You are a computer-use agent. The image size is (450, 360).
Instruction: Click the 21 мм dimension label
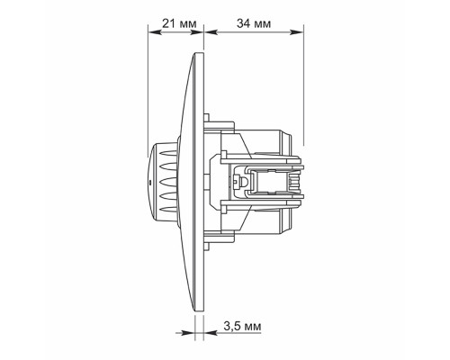click(x=179, y=23)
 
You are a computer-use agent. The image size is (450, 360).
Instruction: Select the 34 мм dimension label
click(x=254, y=23)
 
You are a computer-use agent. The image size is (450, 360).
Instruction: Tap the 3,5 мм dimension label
click(x=242, y=326)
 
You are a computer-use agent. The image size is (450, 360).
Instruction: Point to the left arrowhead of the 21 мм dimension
click(x=153, y=32)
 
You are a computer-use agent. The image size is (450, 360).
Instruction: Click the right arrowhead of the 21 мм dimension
click(x=198, y=32)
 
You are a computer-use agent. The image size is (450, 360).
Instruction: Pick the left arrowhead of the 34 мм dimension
click(x=210, y=32)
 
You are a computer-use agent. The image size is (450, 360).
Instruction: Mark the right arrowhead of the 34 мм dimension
click(x=296, y=32)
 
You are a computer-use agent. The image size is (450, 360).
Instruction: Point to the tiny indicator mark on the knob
click(x=150, y=182)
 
